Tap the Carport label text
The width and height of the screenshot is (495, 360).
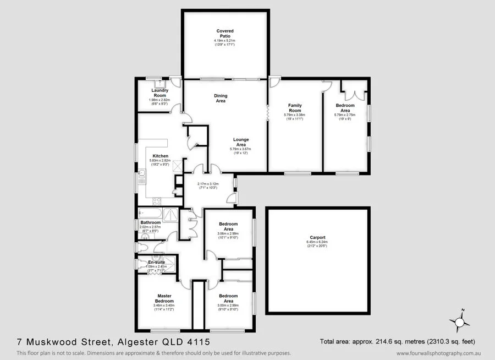coord(316,238)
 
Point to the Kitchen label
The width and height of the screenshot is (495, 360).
coord(160,156)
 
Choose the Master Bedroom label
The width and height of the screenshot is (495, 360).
coord(164,298)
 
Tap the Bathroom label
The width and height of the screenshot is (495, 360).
coord(150,222)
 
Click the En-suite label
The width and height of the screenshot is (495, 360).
coord(156,263)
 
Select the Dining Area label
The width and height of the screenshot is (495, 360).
coord(221,98)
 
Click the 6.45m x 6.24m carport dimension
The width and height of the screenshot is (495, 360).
coord(317,242)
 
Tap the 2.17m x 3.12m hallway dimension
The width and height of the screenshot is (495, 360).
coord(208,184)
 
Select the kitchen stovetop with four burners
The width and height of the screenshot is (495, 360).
coord(156,201)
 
